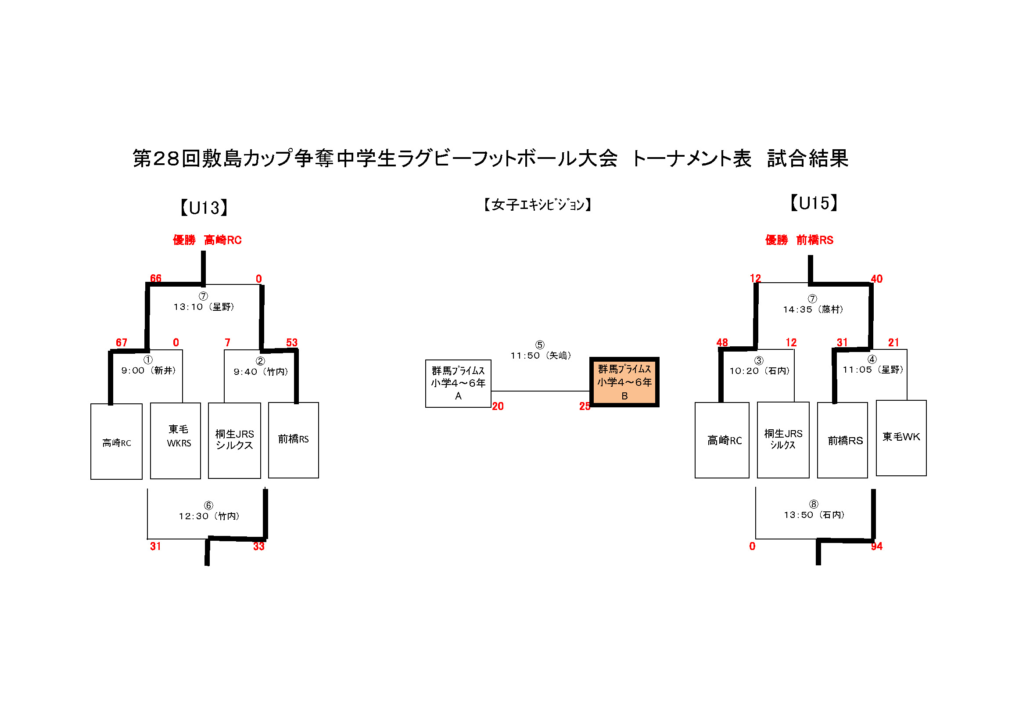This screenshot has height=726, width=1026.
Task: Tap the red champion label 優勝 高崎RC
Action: point(207,240)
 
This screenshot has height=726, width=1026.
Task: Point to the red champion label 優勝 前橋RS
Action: point(799,240)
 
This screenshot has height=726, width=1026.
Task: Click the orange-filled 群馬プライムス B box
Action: point(624,382)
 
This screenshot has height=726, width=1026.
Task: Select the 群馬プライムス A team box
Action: point(458,384)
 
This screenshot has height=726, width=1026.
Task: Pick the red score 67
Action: point(122,342)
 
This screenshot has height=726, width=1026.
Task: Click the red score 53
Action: point(292,342)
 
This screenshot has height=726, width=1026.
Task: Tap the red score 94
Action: point(876,546)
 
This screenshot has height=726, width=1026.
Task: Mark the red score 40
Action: point(876,279)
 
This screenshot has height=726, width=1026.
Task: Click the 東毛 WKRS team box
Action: point(176,441)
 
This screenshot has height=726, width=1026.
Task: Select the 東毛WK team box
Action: point(901,438)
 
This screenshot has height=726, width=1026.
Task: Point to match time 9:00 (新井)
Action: point(149,370)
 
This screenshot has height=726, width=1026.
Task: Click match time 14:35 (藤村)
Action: point(813,309)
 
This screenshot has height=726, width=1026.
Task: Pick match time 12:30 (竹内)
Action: point(209,516)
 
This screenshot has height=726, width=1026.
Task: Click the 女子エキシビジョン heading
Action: point(538,205)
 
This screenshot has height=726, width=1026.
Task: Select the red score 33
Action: point(259,546)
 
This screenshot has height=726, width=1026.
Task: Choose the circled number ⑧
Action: point(814,504)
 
